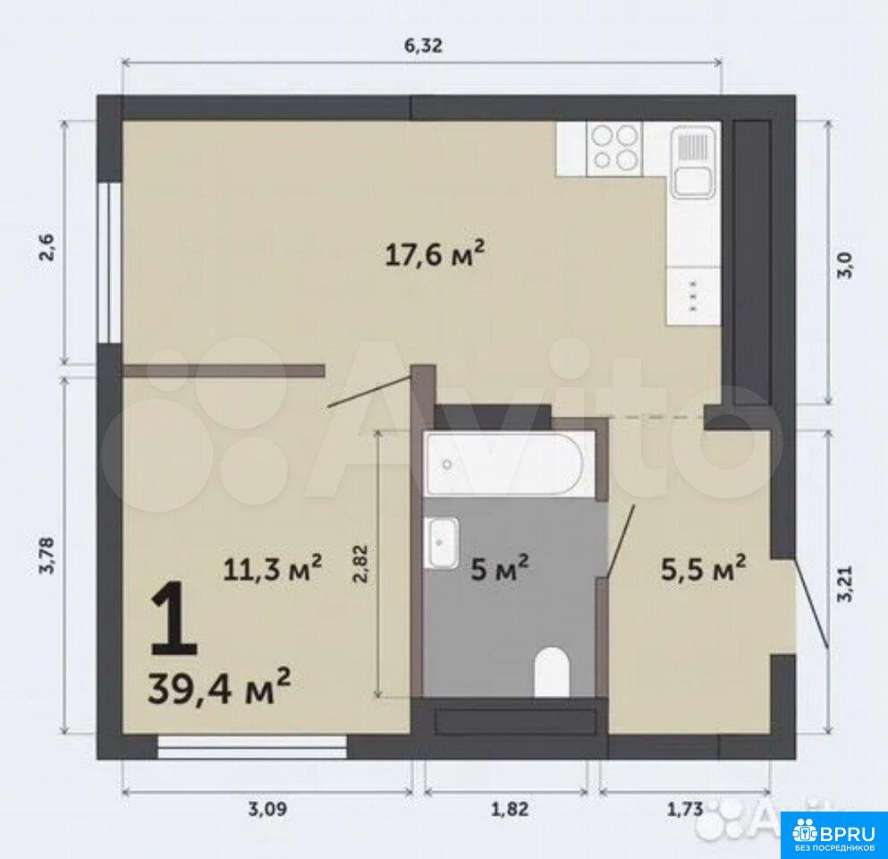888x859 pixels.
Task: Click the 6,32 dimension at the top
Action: tap(422, 47)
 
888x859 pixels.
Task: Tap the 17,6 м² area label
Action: tap(435, 255)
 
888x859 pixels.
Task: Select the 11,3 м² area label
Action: tap(273, 568)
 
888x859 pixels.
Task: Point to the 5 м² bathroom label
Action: tap(500, 568)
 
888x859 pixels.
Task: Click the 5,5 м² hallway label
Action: tap(703, 569)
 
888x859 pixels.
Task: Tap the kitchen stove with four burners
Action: tap(615, 148)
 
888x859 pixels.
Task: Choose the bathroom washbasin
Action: tap(444, 542)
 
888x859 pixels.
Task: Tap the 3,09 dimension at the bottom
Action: tap(268, 809)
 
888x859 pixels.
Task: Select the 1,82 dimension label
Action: tap(509, 809)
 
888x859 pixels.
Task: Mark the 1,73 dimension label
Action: tap(683, 809)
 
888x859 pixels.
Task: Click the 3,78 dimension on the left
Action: tap(47, 555)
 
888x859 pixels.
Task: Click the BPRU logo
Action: tap(833, 835)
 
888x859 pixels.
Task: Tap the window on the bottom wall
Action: tap(252, 748)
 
